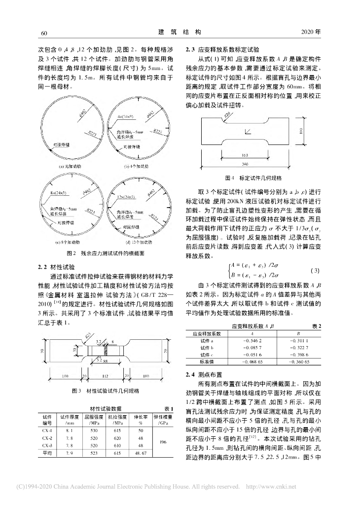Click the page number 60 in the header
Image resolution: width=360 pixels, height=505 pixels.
pos(42,33)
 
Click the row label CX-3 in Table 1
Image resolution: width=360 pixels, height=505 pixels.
pos(47,445)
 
